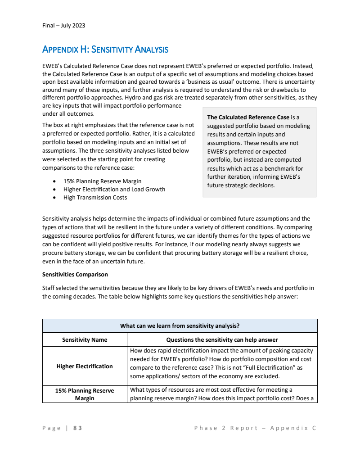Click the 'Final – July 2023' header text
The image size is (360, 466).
pyautogui.click(x=63, y=25)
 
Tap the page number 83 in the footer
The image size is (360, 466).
pyautogui.click(x=78, y=428)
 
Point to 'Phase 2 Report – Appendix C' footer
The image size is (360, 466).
pyautogui.click(x=255, y=428)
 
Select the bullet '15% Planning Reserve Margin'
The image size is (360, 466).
pyautogui.click(x=102, y=181)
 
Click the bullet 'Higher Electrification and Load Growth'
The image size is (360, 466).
pyautogui.click(x=114, y=190)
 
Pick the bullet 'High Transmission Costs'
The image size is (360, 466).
pyautogui.click(x=95, y=197)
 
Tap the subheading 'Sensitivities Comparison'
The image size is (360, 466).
pyautogui.click(x=75, y=274)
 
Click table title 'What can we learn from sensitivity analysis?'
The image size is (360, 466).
pyautogui.click(x=180, y=326)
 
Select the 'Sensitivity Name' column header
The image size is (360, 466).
pyautogui.click(x=85, y=339)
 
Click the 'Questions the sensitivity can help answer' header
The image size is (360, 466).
pyautogui.click(x=222, y=339)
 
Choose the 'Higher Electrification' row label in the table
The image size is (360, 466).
pyautogui.click(x=85, y=366)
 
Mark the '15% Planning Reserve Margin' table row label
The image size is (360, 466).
pyautogui.click(x=85, y=394)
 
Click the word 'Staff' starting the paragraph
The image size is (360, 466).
pyautogui.click(x=49, y=288)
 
